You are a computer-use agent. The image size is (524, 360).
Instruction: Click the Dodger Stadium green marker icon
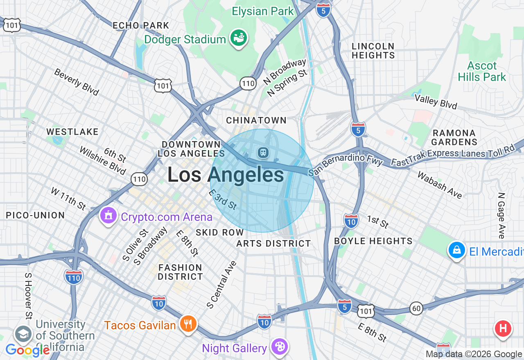point(239,38)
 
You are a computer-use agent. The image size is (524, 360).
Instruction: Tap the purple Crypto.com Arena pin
point(108,216)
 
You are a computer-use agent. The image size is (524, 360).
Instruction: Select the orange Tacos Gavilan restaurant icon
point(188,324)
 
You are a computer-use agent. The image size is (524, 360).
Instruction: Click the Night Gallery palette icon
point(280,347)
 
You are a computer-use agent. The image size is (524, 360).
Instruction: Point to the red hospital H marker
point(503,328)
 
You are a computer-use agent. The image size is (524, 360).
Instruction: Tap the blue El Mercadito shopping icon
point(456,250)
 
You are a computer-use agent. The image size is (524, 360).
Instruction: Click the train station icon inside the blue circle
point(263,153)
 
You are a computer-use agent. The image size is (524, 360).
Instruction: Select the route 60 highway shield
point(416,308)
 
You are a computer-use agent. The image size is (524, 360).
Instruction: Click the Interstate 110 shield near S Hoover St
point(74,277)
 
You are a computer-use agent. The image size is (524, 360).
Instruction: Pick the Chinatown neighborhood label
point(256,120)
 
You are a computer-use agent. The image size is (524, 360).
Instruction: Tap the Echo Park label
point(141,25)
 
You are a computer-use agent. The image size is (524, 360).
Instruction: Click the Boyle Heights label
point(373,241)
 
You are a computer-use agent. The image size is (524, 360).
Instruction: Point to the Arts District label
point(274,243)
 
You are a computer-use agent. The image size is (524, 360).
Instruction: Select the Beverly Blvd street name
point(77,82)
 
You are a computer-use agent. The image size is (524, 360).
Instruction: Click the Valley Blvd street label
point(436,101)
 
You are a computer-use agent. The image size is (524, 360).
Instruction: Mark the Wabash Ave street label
point(440,185)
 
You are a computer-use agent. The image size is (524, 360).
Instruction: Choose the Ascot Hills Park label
point(482,71)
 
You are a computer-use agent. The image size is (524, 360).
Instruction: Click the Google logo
point(27,350)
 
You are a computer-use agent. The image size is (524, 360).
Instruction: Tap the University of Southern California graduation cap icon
point(23,334)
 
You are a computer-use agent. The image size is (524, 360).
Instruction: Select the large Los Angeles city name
point(226,175)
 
